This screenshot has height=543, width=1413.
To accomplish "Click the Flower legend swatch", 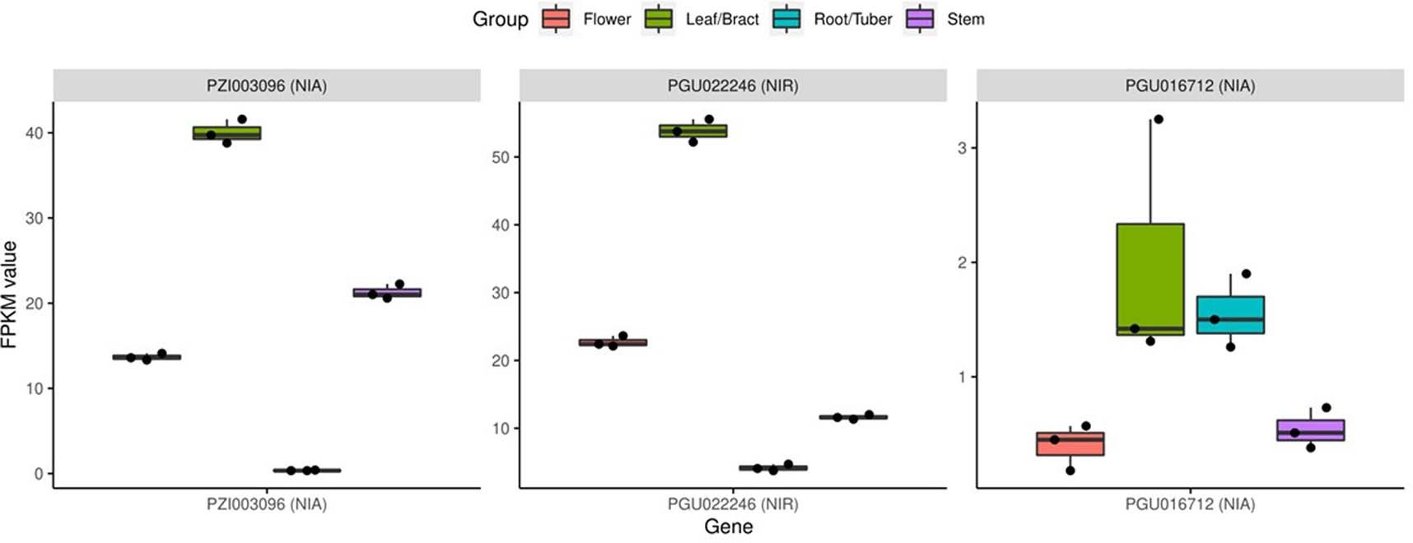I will pos(556,19).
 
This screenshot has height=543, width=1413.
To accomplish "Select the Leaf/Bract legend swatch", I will pos(659,19).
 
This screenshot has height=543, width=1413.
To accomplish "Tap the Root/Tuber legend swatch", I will pos(786,19).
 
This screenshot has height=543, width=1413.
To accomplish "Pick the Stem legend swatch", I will pos(920,19).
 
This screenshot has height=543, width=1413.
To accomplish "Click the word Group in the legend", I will pos(500,19).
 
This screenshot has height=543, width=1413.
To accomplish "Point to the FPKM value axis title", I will pos(10,295).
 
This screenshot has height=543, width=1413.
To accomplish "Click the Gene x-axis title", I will pos(728,527).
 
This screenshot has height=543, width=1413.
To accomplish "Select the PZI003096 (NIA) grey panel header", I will pos(267,86).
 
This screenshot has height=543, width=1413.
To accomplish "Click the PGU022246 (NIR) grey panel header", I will pos(733,86).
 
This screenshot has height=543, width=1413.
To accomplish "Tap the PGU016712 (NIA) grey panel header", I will pos(1190,86).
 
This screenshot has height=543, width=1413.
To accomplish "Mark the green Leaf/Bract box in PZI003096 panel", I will pos(226,132).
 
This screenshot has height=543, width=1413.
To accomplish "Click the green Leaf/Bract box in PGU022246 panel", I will pos(693,131).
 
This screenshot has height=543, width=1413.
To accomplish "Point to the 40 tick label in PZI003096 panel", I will pos(34,133).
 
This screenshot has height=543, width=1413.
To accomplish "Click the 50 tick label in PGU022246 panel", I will pos(500,157).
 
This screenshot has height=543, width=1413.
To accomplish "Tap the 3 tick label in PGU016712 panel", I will pos(962,148).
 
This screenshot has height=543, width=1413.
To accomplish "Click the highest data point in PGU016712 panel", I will pos(1158,119).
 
